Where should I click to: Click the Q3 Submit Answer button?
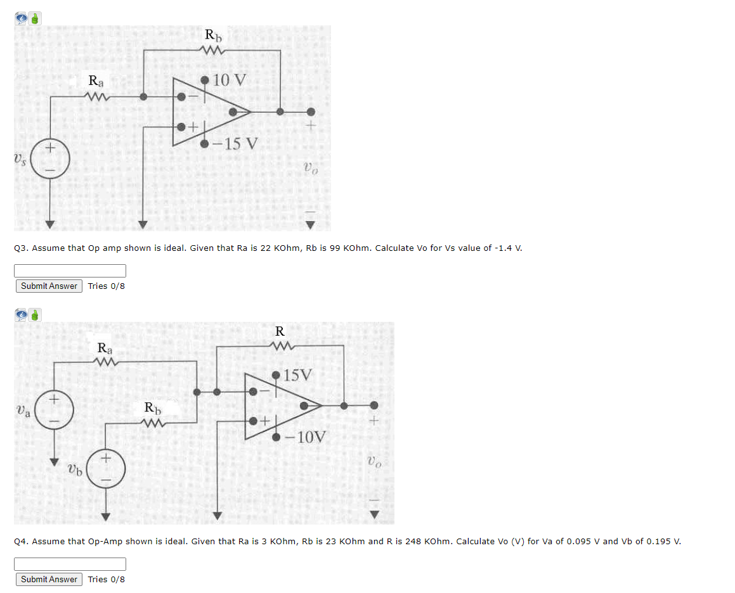49,286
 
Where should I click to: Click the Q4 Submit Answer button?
49,579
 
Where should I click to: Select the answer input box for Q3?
70,271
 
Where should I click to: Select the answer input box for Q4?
70,564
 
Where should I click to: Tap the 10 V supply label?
230,80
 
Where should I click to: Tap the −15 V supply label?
235,143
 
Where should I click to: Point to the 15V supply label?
297,374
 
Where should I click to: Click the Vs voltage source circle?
50,159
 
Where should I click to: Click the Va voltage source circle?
55,408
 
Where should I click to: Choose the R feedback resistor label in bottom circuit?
280,331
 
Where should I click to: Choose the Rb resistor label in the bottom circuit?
152,407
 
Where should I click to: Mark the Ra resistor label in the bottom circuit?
105,348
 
